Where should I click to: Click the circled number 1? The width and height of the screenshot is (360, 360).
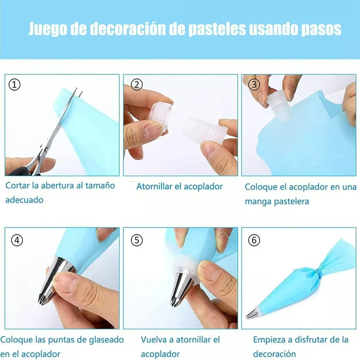pos(15,85)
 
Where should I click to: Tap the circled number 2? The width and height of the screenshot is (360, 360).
pos(137,85)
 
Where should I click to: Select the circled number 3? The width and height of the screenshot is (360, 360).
pos(254,85)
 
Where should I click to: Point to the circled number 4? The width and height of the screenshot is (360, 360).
pos(17,240)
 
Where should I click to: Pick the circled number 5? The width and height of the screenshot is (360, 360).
pos(137,240)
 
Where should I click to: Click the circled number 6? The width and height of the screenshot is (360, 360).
pos(254,240)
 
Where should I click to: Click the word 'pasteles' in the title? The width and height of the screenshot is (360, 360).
pos(217,29)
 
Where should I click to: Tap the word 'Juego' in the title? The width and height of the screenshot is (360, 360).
pos(48,29)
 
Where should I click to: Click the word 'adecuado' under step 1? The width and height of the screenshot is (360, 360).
pos(25,200)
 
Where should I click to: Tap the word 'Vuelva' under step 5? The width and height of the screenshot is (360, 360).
pos(154,340)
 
